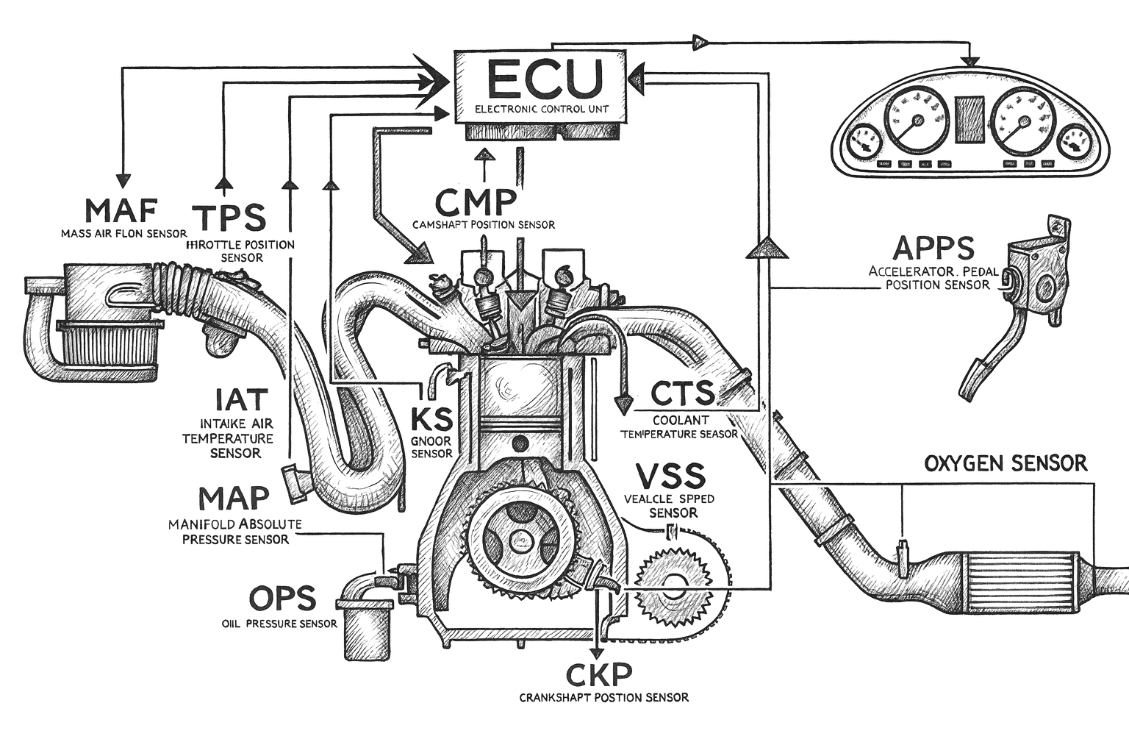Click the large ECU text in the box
pyautogui.click(x=543, y=79)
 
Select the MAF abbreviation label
pyautogui.click(x=121, y=211)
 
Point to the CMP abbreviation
pyautogui.click(x=476, y=201)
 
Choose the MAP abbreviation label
pyautogui.click(x=234, y=499)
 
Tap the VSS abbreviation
pyautogui.click(x=670, y=477)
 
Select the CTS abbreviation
pyautogui.click(x=682, y=393)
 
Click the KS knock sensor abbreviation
pyautogui.click(x=431, y=419)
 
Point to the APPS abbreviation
pyautogui.click(x=933, y=249)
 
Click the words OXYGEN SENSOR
pyautogui.click(x=1005, y=464)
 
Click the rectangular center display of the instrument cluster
pyautogui.click(x=969, y=118)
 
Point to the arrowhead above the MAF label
pyautogui.click(x=123, y=179)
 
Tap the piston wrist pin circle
pyautogui.click(x=520, y=444)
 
